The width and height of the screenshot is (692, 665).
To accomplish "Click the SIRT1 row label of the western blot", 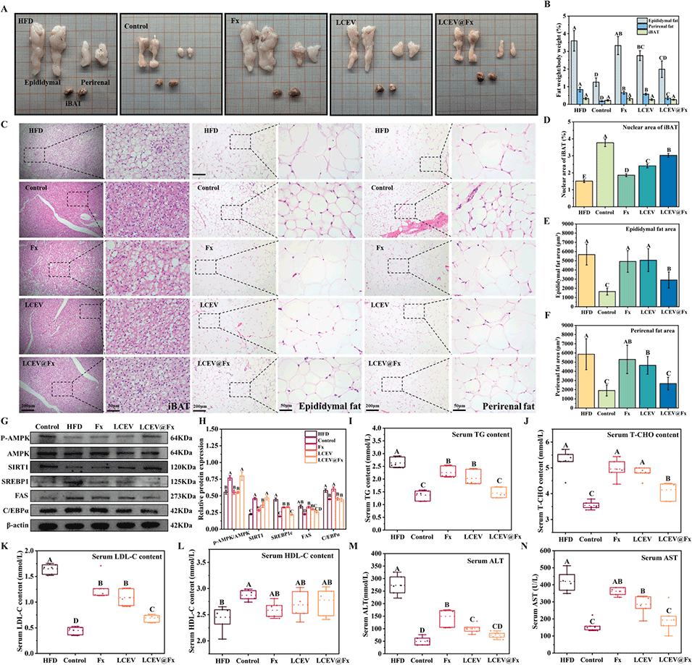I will click(16, 467).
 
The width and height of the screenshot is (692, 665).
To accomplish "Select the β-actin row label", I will click(17, 527).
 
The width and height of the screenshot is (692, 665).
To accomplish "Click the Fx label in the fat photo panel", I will click(235, 20).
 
